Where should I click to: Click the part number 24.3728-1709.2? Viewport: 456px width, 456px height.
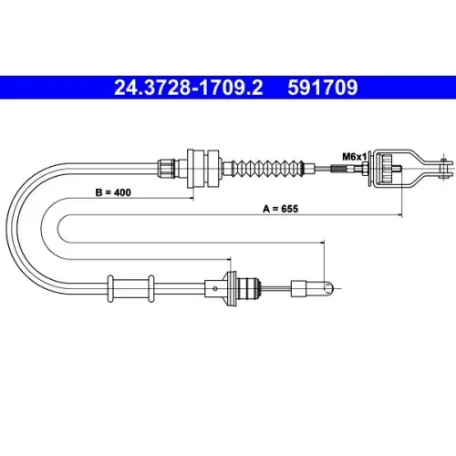189,88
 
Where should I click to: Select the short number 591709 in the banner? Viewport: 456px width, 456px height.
323,88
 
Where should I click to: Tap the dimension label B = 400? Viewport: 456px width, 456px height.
113,192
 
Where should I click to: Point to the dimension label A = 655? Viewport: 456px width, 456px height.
280,209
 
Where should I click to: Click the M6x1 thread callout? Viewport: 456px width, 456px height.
355,157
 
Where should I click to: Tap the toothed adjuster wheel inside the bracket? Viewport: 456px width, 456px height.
387,168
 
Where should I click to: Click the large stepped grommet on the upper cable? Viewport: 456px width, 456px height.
203,168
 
